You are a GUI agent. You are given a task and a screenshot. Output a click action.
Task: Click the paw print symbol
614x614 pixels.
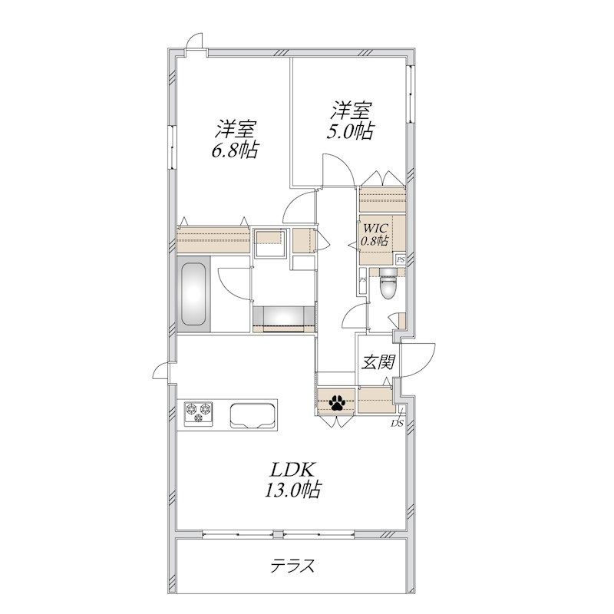pyautogui.click(x=337, y=402)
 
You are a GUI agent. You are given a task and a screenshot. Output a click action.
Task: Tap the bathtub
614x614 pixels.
pyautogui.click(x=193, y=294)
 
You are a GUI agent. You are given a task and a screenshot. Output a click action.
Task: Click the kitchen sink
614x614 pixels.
pyautogui.click(x=253, y=415)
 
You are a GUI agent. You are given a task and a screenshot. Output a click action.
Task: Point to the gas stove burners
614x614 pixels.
pyautogui.click(x=199, y=414)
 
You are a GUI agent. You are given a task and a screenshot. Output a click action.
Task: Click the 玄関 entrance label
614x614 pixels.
pyautogui.click(x=378, y=362)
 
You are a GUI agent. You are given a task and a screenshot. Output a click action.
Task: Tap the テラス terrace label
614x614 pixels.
pyautogui.click(x=293, y=566)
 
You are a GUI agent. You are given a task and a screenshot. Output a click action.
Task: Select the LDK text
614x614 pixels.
pyautogui.click(x=292, y=469)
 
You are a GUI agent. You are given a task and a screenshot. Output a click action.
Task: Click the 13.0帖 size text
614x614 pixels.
pyautogui.click(x=293, y=490)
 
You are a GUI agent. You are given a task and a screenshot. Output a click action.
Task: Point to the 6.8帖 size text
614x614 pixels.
pyautogui.click(x=235, y=150)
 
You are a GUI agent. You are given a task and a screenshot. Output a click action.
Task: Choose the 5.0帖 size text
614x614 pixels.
pyautogui.click(x=351, y=131)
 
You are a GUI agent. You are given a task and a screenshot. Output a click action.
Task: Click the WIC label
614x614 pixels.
pyautogui.click(x=375, y=228)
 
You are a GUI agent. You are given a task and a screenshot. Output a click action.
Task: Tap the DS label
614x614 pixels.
pyautogui.click(x=398, y=423)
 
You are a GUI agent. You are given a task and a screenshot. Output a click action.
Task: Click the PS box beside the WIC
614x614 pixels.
pyautogui.click(x=400, y=259)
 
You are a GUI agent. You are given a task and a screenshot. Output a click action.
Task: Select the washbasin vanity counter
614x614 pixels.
pyautogui.click(x=284, y=319)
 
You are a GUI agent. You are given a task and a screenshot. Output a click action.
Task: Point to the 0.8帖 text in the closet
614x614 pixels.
pyautogui.click(x=375, y=241)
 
